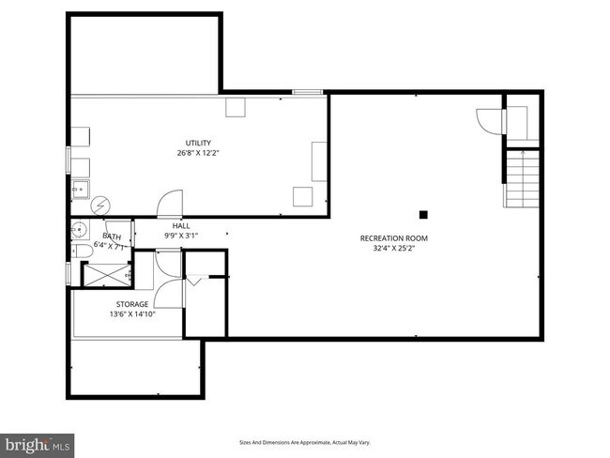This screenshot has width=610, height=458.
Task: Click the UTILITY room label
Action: (198, 143)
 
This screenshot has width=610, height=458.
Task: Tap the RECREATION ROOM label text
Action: (394, 238)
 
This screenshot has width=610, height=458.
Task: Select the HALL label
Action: (181, 225)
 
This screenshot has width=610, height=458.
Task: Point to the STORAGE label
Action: (131, 304)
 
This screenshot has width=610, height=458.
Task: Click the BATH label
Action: (112, 237)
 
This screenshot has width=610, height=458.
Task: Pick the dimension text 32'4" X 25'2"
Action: (394, 249)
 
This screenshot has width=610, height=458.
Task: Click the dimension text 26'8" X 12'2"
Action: (198, 153)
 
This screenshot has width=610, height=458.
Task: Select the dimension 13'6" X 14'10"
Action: (131, 314)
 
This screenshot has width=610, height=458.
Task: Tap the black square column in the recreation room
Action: (423, 213)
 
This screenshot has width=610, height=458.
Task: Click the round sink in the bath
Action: (79, 229)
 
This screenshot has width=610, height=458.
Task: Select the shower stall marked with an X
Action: (105, 273)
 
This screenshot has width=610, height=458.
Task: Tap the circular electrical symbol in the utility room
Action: (99, 206)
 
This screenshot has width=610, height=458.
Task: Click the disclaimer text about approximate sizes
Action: (305, 441)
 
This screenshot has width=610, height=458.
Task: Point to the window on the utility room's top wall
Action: (308, 92)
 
